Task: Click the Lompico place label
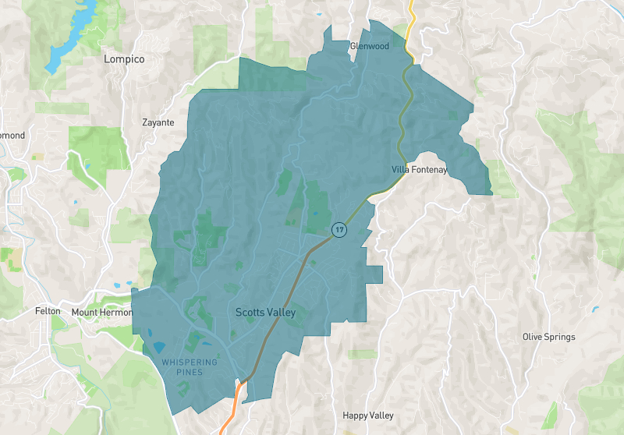[x=125, y=58]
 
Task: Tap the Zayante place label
[x=158, y=122]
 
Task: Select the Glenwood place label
[x=369, y=46]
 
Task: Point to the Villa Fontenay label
[x=419, y=170]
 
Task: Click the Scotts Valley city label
[x=265, y=312]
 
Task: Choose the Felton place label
[x=48, y=311]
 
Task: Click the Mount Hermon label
[x=97, y=312]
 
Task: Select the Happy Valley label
[x=368, y=416]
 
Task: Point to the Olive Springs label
[x=548, y=337]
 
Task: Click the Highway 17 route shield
[x=339, y=229]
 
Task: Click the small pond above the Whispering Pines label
[x=159, y=346]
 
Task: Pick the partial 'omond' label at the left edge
[x=12, y=136]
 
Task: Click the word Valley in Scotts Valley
[x=280, y=312]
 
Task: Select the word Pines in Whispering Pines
[x=190, y=373]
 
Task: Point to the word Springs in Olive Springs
[x=560, y=337]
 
